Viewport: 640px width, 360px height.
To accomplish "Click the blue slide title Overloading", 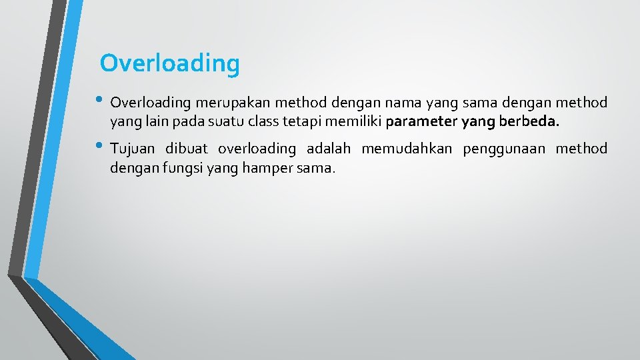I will pyautogui.click(x=169, y=64).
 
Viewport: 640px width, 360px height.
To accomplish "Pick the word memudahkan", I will pyautogui.click(x=407, y=149).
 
